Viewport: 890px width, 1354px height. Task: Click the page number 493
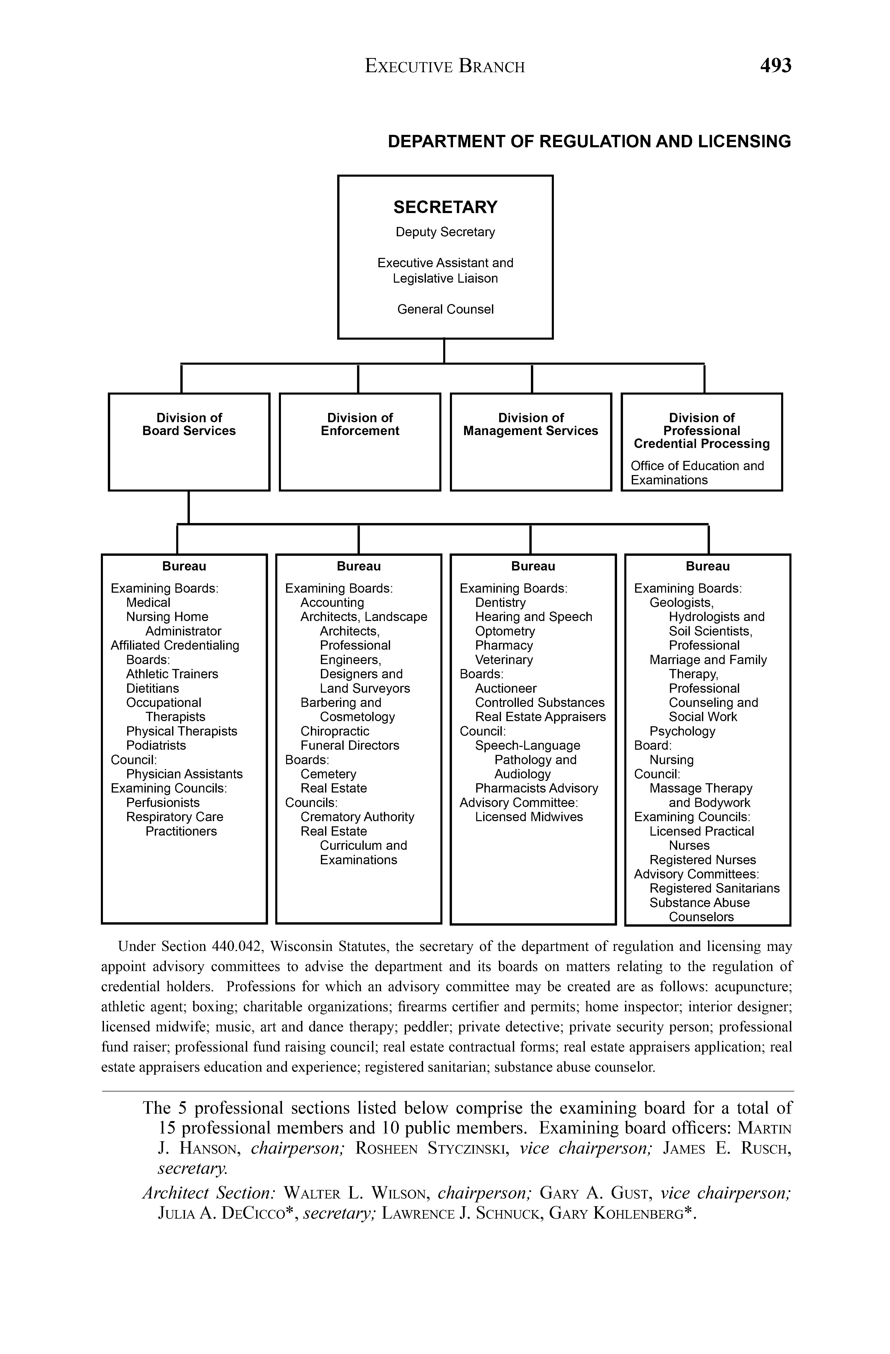(775, 66)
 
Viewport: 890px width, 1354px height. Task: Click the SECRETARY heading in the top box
(445, 207)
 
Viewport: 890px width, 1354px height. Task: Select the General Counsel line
(445, 309)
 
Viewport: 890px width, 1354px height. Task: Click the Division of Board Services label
(189, 425)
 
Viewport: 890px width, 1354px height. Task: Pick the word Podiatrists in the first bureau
(156, 745)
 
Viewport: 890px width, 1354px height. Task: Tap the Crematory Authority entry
(357, 817)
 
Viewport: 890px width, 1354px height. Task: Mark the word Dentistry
(500, 602)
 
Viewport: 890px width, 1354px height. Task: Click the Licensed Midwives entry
(529, 817)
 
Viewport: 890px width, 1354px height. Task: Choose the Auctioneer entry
(506, 688)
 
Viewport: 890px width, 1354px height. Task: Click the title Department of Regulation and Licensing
(589, 142)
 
